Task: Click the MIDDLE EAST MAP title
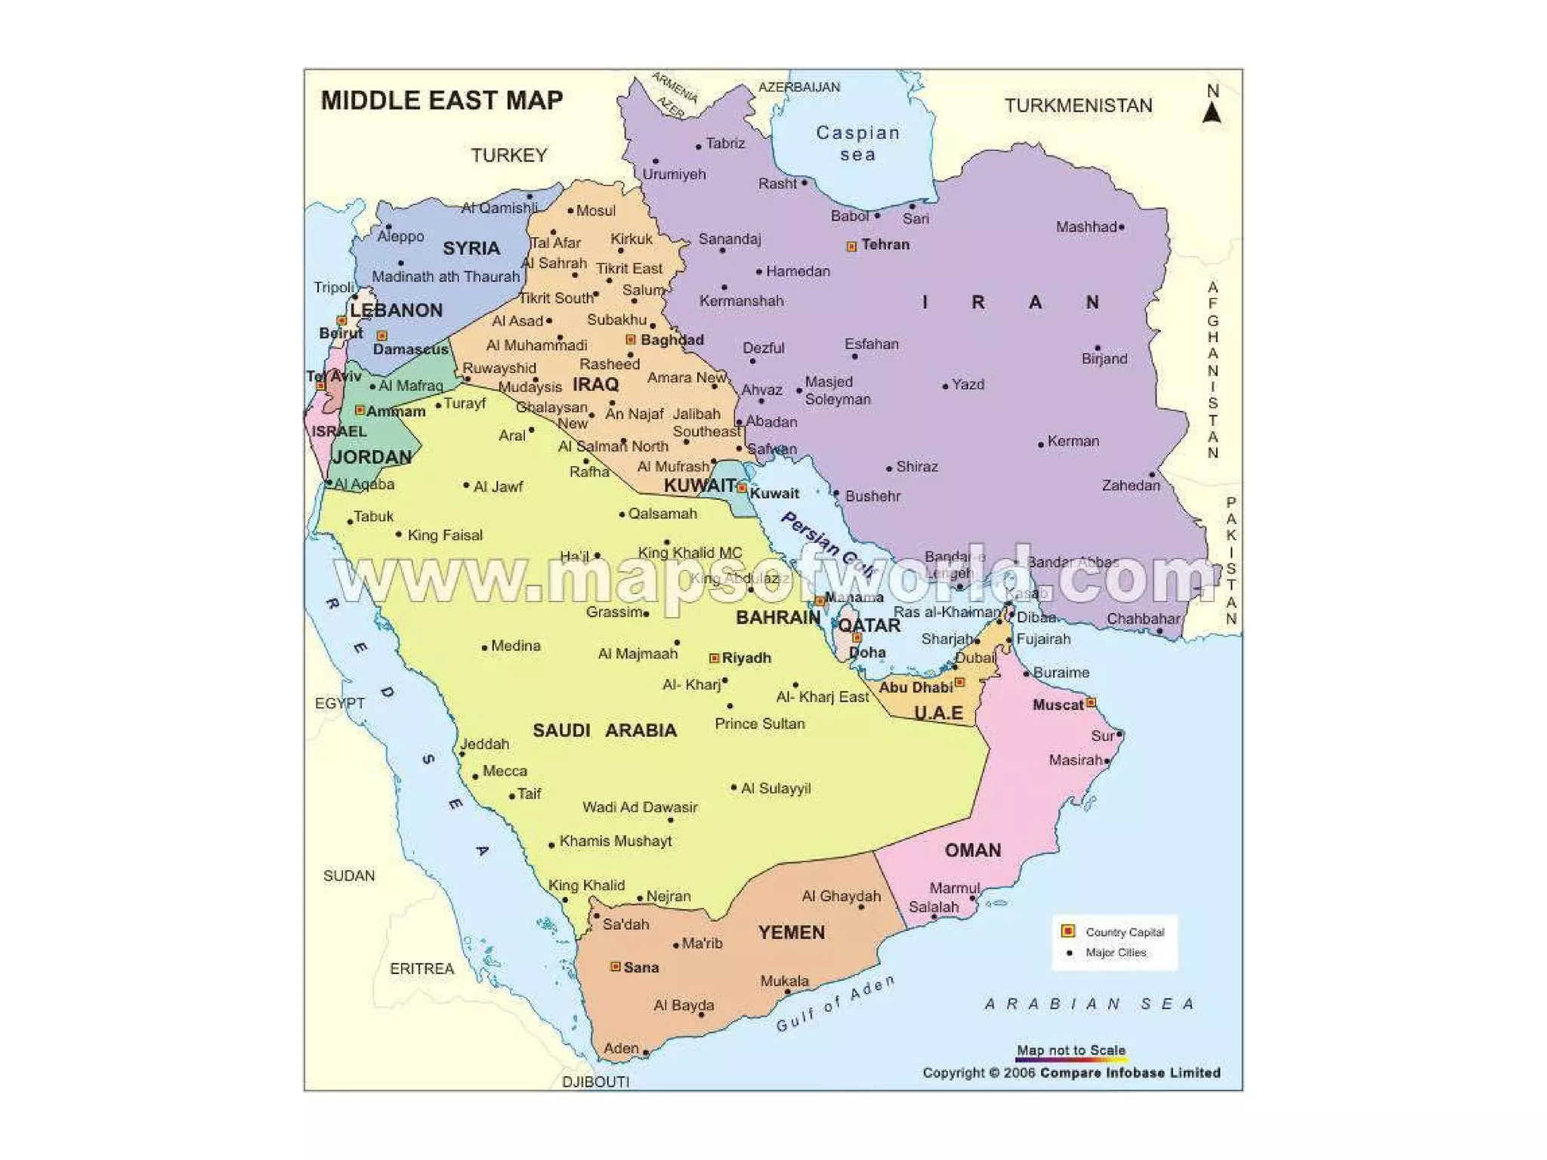coord(442,100)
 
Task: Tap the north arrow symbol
coord(1212,113)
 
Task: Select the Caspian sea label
coord(857,143)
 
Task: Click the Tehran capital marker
coord(851,246)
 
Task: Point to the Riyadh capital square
coord(714,659)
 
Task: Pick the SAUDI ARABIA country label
coord(604,730)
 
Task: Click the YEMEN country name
coord(791,933)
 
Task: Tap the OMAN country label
coord(973,850)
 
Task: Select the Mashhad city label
coord(1086,227)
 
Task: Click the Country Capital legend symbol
coord(1068,931)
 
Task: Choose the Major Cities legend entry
coord(1115,953)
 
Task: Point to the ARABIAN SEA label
coord(1090,1004)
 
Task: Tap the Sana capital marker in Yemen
coord(616,967)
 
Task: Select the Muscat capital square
coord(1091,703)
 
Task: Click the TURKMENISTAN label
coord(1078,106)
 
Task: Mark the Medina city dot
coord(484,648)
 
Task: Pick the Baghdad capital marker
coord(631,340)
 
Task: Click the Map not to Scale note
coord(1070,1050)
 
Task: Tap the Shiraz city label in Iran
coord(917,467)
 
